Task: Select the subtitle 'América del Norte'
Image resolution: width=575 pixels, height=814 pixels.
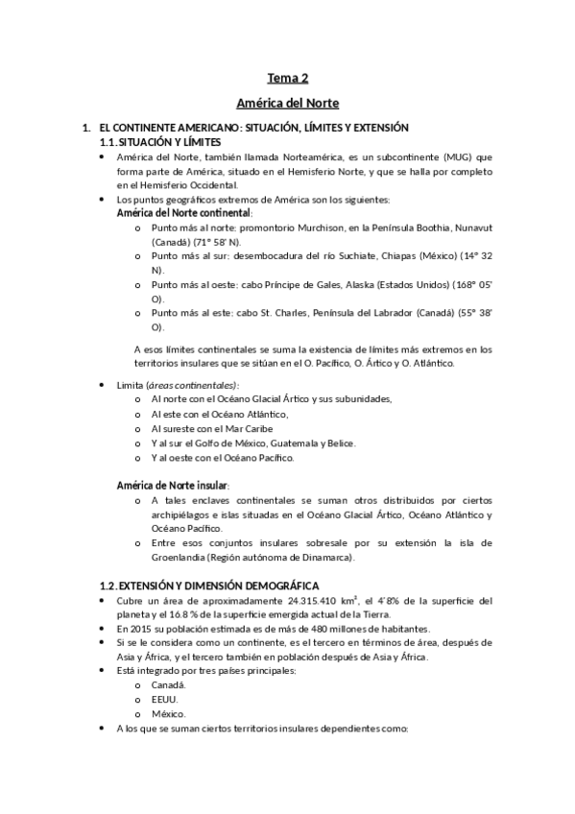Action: click(x=287, y=102)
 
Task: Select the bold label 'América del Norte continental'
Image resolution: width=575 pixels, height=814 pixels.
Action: click(x=183, y=212)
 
